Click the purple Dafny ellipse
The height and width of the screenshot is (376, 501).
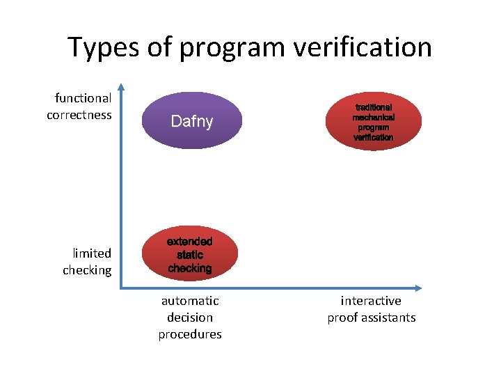[x=191, y=121]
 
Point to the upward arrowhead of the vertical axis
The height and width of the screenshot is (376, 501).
[x=121, y=88]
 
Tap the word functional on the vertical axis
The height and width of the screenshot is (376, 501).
[x=83, y=98]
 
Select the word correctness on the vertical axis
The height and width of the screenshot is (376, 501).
[x=79, y=115]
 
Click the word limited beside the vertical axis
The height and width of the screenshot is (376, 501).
[x=92, y=253]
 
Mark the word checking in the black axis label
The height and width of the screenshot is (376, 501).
[x=87, y=270]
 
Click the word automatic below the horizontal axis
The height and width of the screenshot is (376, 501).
[x=190, y=301]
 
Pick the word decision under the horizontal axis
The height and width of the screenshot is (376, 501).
[x=190, y=318]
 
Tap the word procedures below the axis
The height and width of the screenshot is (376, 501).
[x=190, y=334]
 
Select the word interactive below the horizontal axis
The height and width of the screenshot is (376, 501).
[x=371, y=301]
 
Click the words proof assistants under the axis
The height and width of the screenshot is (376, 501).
[x=372, y=318]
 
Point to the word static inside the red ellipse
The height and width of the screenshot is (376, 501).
[x=189, y=255]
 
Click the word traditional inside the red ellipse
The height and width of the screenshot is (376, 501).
[x=373, y=108]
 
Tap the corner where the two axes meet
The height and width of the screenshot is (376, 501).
[x=121, y=287]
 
